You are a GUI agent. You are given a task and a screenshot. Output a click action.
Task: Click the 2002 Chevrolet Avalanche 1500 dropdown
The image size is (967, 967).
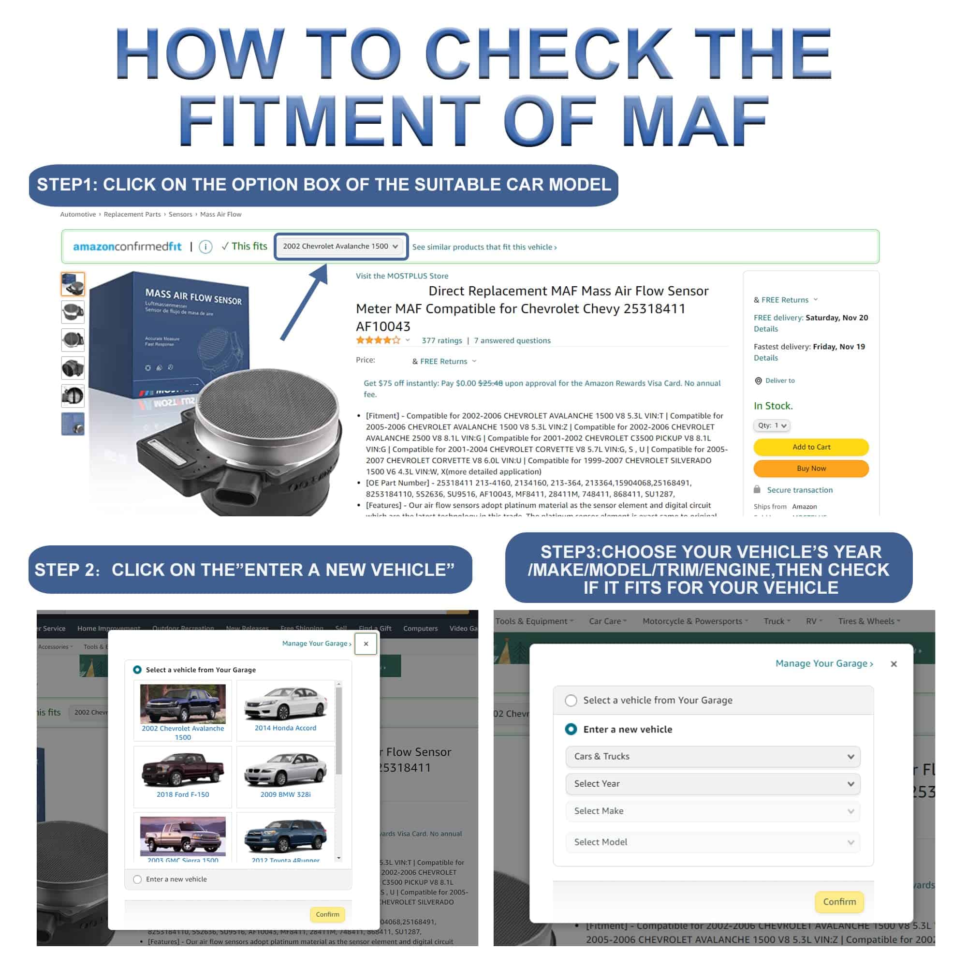tap(341, 246)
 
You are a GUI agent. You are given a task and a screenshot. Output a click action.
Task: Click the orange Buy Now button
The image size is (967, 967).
tap(811, 469)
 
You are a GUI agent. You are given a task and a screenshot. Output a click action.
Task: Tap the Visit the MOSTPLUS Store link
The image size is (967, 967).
tap(402, 276)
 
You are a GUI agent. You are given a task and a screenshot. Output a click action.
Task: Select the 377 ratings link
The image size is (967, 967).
tap(441, 340)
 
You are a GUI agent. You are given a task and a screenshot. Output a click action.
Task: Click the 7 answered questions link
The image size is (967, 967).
tap(512, 340)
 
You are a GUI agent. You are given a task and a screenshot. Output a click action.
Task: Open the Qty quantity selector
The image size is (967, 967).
tap(771, 425)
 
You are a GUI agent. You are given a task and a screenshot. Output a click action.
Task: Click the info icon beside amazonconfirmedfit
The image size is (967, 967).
tap(205, 246)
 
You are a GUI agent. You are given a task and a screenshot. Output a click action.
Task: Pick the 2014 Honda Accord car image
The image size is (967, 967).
tap(285, 703)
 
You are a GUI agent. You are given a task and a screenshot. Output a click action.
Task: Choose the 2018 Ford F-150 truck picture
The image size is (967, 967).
tap(183, 770)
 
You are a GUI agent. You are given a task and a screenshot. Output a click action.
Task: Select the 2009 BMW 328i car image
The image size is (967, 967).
tap(285, 770)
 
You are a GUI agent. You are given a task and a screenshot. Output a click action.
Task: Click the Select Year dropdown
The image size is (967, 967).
tap(713, 784)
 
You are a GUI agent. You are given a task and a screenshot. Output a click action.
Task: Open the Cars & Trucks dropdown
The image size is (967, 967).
tap(713, 756)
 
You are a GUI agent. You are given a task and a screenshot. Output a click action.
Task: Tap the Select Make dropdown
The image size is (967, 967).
tap(713, 811)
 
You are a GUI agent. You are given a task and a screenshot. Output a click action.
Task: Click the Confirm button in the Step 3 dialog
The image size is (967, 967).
tap(839, 901)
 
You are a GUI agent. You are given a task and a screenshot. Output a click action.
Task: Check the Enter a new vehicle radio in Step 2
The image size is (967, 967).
tap(138, 879)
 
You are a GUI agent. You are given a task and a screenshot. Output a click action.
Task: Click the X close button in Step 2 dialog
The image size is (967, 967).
tap(366, 644)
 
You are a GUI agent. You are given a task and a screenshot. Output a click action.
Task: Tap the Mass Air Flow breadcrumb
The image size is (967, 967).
tap(221, 214)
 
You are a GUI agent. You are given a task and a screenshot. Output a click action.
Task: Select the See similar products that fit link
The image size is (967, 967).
tap(484, 247)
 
